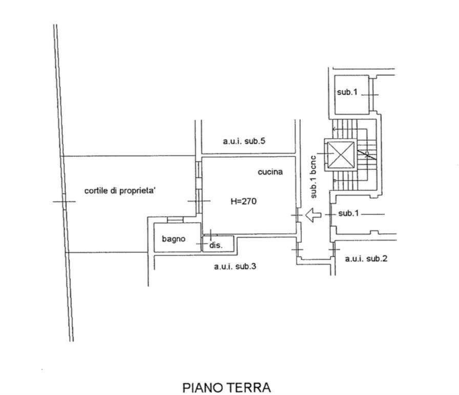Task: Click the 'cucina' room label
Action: point(270,172)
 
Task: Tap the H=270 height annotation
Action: point(243,201)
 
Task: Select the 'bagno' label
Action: point(174,239)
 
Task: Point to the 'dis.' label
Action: point(216,245)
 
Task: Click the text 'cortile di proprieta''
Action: point(120,191)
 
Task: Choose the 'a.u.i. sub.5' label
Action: point(244,141)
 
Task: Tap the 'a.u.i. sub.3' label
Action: point(235,266)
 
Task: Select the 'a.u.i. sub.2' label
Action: point(366,259)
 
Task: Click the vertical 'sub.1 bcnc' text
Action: point(313,177)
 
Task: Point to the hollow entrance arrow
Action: point(313,215)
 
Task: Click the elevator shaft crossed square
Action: point(341,155)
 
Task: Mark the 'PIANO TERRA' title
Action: point(226,387)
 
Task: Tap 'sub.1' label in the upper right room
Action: point(347,92)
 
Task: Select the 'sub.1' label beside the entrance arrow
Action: point(348,214)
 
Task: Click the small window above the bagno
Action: point(175,219)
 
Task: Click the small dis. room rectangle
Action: point(218,244)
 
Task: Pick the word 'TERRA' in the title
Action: point(249,387)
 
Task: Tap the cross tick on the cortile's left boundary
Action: point(64,201)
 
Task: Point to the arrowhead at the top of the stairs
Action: point(334,129)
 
